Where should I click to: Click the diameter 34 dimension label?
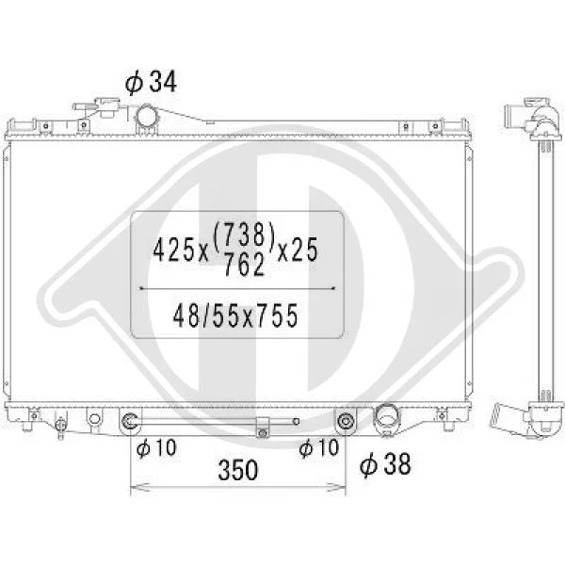(151, 82)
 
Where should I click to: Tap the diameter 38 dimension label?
(385, 464)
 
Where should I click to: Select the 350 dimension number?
(238, 470)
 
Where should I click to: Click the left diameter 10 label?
(156, 448)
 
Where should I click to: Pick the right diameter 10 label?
(319, 448)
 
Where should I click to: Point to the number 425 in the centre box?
(173, 250)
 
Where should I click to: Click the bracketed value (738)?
(245, 234)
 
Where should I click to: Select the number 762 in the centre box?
(245, 265)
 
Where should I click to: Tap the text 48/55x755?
(235, 315)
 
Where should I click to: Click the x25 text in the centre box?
(298, 250)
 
